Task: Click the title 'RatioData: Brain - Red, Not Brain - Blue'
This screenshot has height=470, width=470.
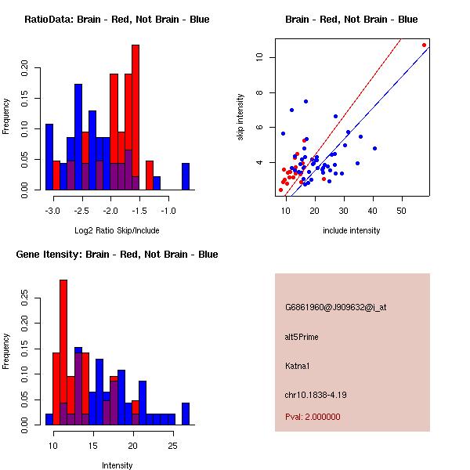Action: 117,20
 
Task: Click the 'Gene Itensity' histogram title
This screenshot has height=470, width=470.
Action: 117,255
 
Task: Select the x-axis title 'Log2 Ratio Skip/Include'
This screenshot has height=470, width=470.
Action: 117,230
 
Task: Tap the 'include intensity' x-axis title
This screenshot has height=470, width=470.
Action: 352,230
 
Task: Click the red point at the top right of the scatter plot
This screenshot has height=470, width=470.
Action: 425,45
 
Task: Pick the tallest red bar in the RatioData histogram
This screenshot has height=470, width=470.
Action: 136,117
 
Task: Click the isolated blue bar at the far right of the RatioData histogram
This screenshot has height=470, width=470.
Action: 186,176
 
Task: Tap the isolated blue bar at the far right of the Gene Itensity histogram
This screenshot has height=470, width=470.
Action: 186,414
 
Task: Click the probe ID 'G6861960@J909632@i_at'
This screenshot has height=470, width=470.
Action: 335,307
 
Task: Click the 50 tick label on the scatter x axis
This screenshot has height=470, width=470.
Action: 402,210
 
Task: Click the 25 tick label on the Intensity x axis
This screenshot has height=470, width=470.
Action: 172,446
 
